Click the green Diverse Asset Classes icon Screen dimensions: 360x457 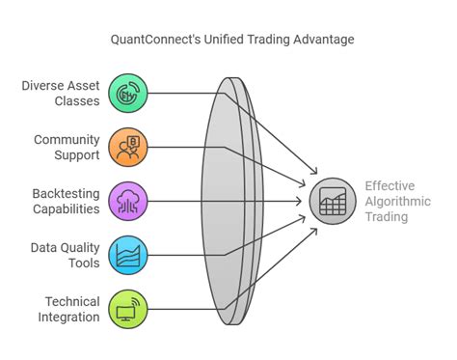[127, 94]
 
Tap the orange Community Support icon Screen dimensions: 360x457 [127, 147]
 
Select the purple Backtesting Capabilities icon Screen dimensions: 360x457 [127, 201]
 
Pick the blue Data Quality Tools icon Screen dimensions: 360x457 [127, 255]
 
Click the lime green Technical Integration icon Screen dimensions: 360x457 [127, 309]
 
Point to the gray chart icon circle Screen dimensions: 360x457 [332, 201]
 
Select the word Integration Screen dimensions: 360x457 [67, 317]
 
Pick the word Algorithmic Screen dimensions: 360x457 [398, 201]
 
